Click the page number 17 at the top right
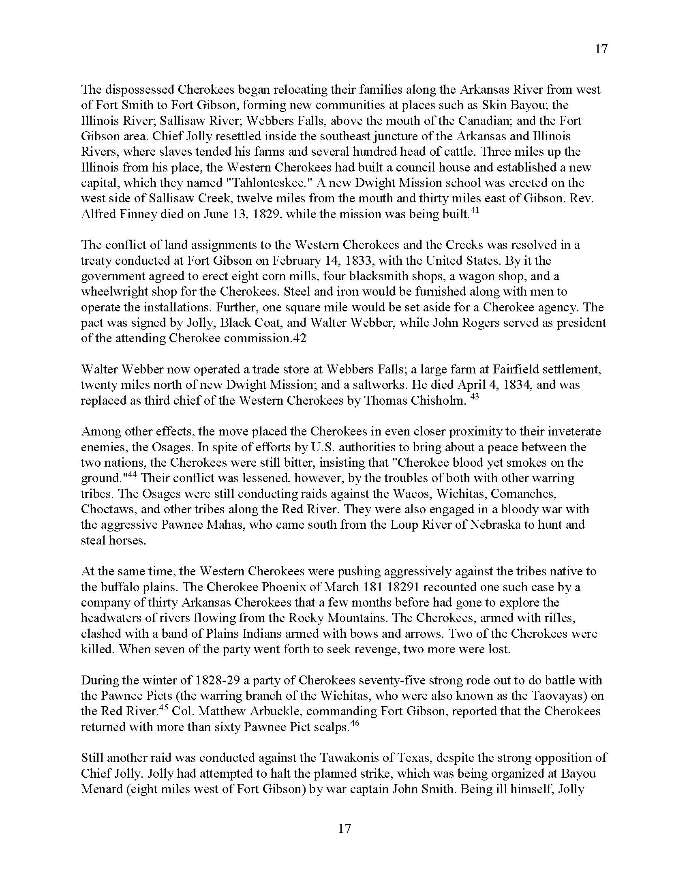(x=601, y=49)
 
